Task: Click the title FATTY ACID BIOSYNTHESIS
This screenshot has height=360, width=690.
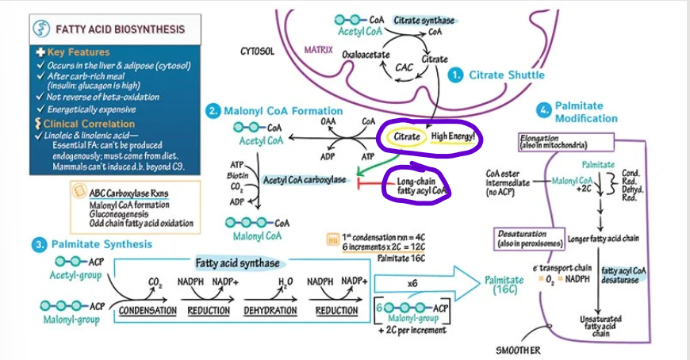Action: click(x=119, y=30)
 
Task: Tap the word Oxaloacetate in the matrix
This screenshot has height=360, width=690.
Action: click(x=364, y=55)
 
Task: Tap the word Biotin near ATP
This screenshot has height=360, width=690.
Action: click(x=233, y=174)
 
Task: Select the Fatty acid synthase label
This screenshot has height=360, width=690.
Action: click(x=237, y=262)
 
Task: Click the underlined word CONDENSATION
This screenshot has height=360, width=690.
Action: click(x=148, y=310)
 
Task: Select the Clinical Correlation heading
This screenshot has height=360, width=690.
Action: click(x=89, y=124)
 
